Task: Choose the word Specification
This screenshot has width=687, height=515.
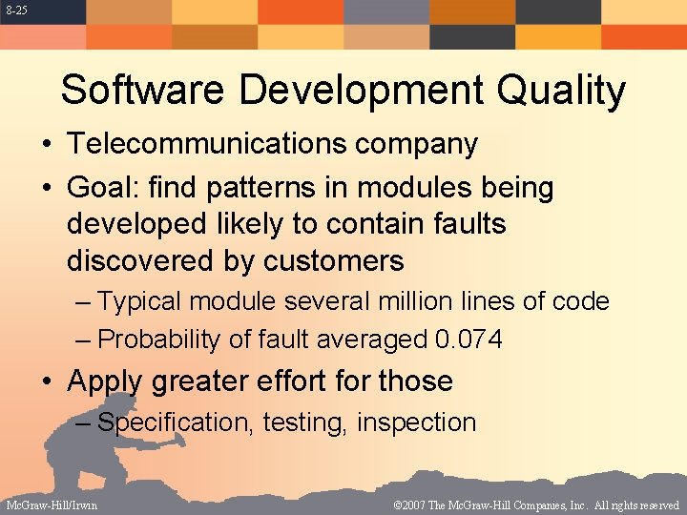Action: point(176,422)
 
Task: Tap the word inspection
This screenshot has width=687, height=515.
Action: point(416,422)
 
